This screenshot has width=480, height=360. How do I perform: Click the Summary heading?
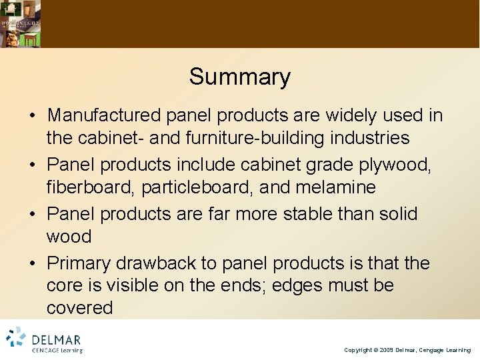pyautogui.click(x=239, y=77)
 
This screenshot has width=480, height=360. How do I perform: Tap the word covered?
pyautogui.click(x=80, y=308)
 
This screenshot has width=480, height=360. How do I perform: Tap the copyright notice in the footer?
pyautogui.click(x=407, y=350)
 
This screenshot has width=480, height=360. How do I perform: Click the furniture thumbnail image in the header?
pyautogui.click(x=20, y=23)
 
